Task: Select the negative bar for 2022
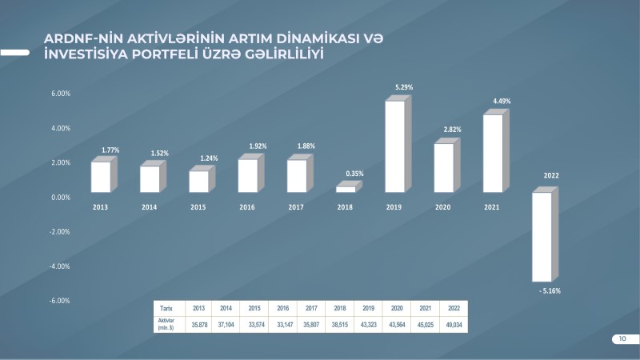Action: [542, 237]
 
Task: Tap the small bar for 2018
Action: [346, 189]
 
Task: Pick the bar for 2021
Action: [494, 154]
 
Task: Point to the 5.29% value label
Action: [403, 86]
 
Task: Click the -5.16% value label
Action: [550, 290]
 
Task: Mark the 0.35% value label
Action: [355, 174]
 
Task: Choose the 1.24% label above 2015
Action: [207, 158]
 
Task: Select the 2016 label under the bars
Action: [247, 206]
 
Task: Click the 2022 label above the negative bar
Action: [551, 175]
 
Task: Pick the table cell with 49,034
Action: [453, 324]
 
